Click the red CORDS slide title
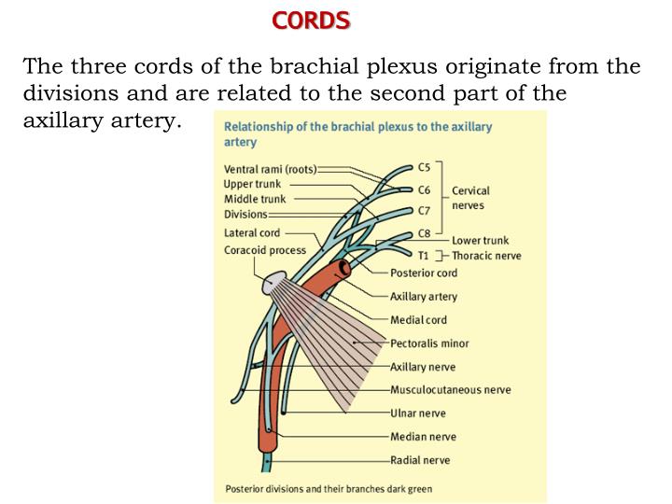[312, 20]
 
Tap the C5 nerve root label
[424, 167]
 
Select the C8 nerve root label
[424, 233]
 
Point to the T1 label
[424, 255]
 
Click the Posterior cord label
[424, 273]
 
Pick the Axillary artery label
[424, 297]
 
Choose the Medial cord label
[418, 320]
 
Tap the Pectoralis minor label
[429, 343]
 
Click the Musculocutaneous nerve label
[450, 390]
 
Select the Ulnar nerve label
[418, 413]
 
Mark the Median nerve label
[423, 437]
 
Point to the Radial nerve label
[420, 460]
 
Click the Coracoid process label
[265, 250]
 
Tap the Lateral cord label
[252, 232]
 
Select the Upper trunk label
[252, 184]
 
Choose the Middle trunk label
[255, 199]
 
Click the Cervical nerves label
[470, 198]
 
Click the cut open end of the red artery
[344, 269]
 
